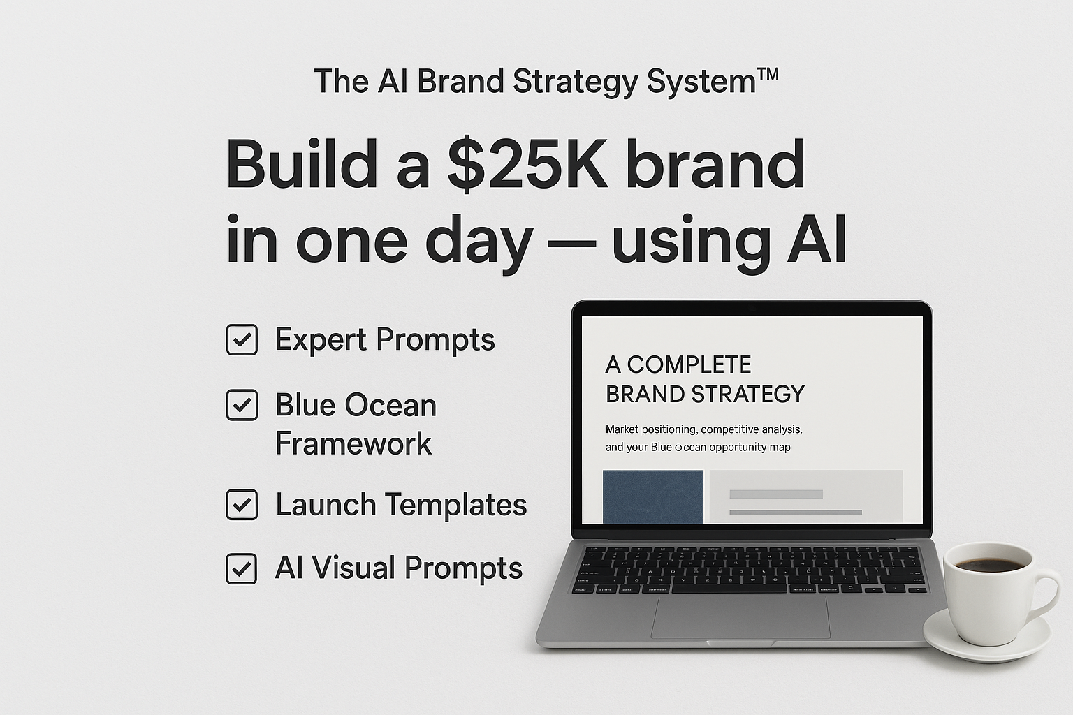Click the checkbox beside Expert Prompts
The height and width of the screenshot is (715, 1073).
[x=242, y=340]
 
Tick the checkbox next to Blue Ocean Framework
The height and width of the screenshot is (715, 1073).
[x=242, y=405]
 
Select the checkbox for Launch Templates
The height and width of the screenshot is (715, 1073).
[x=242, y=505]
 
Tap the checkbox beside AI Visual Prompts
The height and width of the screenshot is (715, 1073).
[x=242, y=568]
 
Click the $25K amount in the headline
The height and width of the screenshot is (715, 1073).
[x=527, y=166]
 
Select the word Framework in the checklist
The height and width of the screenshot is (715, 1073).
[x=353, y=444]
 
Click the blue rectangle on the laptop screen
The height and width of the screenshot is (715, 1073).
[x=653, y=496]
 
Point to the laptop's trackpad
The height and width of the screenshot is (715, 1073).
[x=740, y=617]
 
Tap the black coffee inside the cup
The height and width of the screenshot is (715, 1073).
[x=987, y=564]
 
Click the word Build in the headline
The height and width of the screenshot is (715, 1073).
[x=301, y=166]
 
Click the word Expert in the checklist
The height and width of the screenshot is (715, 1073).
[x=321, y=341]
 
